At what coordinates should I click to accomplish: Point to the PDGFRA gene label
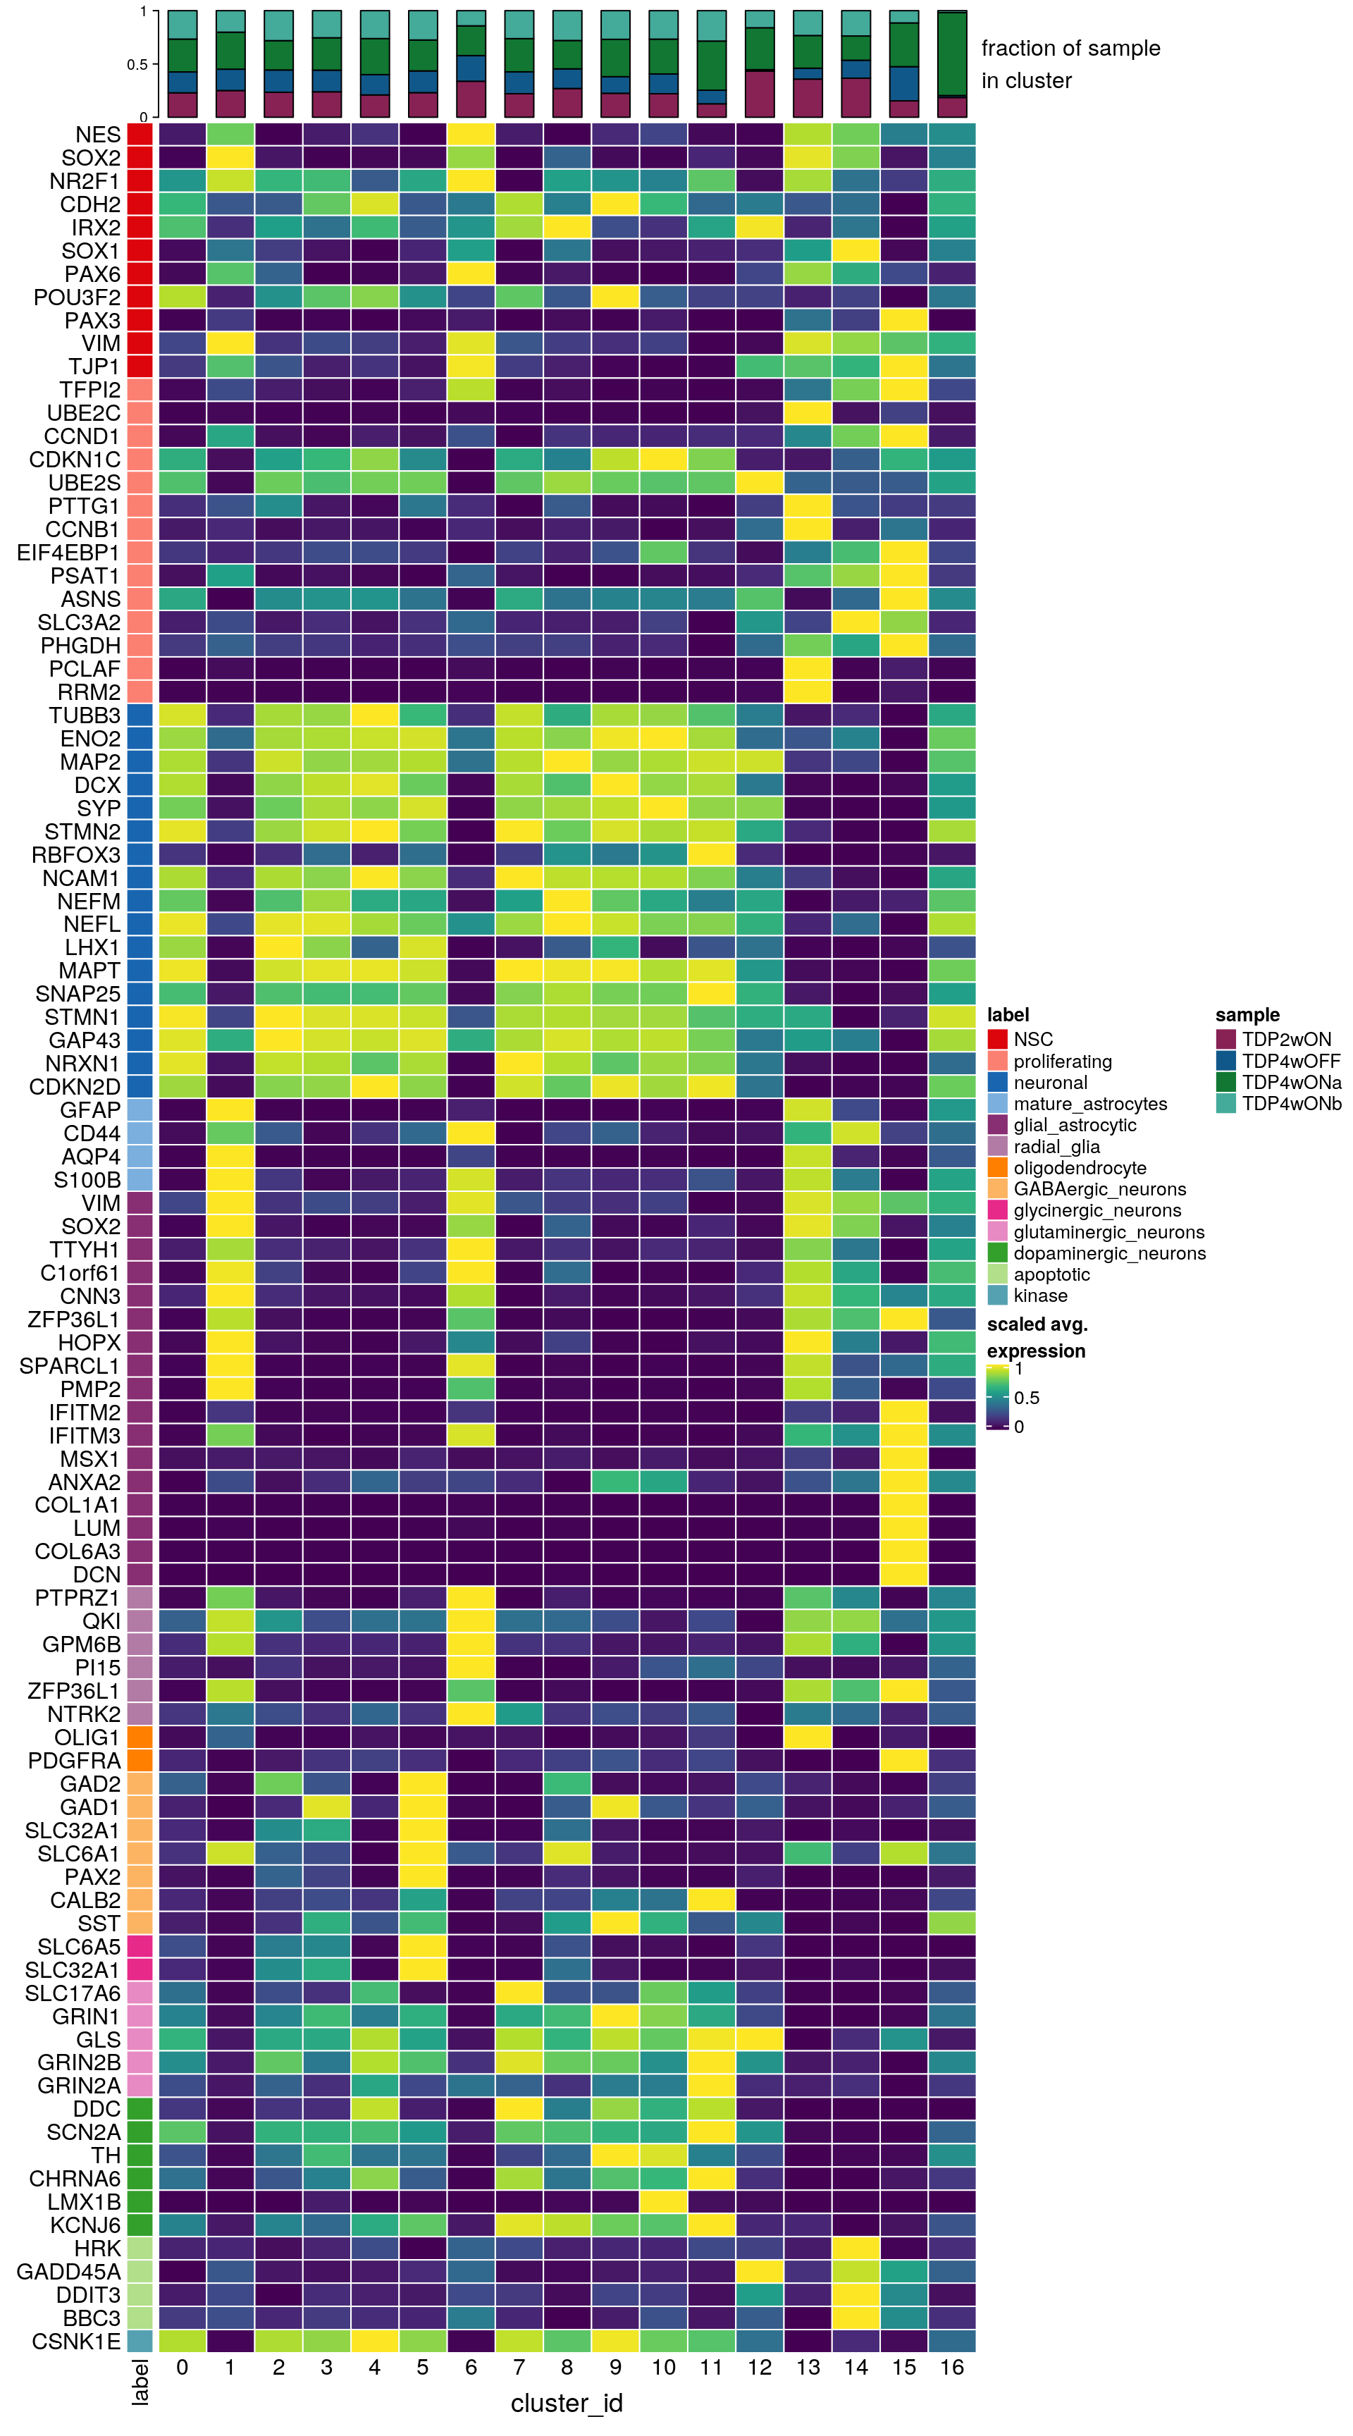[75, 1761]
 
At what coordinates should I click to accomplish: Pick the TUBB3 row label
[85, 715]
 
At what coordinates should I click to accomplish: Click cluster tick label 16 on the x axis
[951, 2367]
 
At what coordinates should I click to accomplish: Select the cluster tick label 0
[182, 2367]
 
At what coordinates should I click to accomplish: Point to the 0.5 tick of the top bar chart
[137, 64]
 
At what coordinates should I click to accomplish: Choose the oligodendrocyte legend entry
[1079, 1168]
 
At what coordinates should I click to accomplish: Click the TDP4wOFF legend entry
[1290, 1061]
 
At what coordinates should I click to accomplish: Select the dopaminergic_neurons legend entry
[1109, 1253]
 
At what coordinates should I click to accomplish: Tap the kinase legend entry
[1040, 1296]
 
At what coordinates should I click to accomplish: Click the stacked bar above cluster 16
[951, 64]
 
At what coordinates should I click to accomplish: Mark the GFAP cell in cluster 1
[230, 1109]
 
